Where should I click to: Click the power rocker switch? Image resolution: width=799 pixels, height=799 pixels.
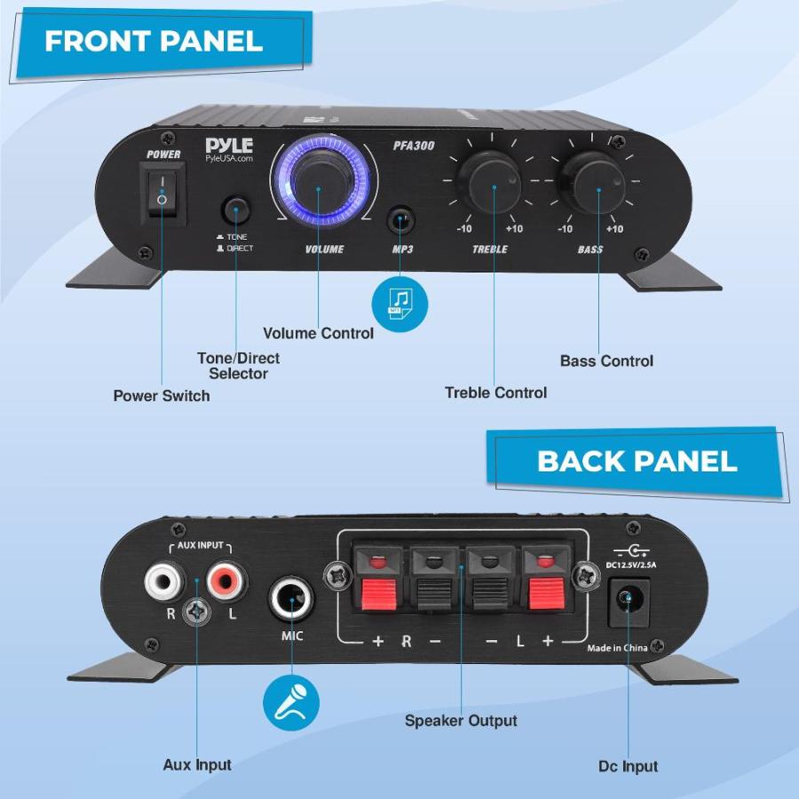(162, 194)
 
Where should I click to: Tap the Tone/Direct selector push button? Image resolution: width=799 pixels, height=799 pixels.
(236, 209)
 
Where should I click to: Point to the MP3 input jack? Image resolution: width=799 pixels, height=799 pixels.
(401, 220)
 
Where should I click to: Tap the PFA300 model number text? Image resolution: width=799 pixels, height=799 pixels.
(414, 146)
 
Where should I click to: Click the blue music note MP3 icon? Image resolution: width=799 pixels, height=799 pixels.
(399, 305)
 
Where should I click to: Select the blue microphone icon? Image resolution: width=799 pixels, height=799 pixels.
(291, 703)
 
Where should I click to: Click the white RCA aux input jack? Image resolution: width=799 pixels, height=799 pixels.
(164, 581)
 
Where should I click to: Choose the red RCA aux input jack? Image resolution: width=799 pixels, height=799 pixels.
(226, 581)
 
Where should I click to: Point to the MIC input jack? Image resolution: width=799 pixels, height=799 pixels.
(291, 597)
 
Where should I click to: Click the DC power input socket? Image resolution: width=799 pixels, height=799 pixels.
(629, 602)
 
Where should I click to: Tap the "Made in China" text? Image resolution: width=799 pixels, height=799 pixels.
(617, 648)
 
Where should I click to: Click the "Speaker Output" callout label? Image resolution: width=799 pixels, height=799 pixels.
(461, 721)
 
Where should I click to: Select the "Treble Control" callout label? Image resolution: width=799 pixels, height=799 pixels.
(495, 392)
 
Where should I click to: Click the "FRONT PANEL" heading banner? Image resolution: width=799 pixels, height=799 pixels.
(161, 45)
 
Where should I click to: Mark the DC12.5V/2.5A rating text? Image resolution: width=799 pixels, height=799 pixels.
(631, 565)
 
